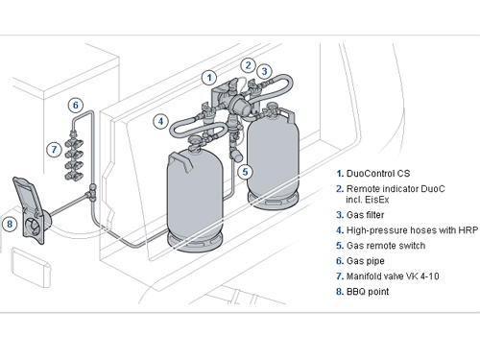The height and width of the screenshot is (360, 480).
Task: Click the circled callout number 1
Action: [209, 78]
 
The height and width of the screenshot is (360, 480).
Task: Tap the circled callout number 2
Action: [248, 65]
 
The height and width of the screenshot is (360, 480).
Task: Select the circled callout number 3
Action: [264, 71]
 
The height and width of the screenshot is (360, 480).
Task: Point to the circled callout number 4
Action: [160, 121]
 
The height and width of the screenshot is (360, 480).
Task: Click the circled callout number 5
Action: [245, 172]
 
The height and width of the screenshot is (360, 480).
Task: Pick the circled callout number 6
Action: [76, 105]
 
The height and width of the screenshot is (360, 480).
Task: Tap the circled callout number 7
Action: [54, 149]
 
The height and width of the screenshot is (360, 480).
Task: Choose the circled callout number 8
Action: [10, 224]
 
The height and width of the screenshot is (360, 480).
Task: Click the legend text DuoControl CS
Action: [378, 174]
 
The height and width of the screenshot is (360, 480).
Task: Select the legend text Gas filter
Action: [365, 215]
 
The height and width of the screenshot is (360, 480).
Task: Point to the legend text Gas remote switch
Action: [386, 246]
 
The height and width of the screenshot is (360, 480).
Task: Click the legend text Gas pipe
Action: [366, 261]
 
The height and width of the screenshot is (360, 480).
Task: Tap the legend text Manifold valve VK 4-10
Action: [393, 276]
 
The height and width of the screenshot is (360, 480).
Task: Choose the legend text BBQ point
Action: [368, 292]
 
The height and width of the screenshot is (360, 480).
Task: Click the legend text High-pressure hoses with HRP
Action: [413, 230]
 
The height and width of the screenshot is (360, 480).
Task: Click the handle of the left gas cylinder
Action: [180, 159]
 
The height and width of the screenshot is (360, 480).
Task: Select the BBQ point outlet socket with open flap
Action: [31, 209]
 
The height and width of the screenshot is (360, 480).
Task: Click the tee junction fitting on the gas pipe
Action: [91, 193]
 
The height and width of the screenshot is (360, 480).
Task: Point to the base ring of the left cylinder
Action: [195, 241]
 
